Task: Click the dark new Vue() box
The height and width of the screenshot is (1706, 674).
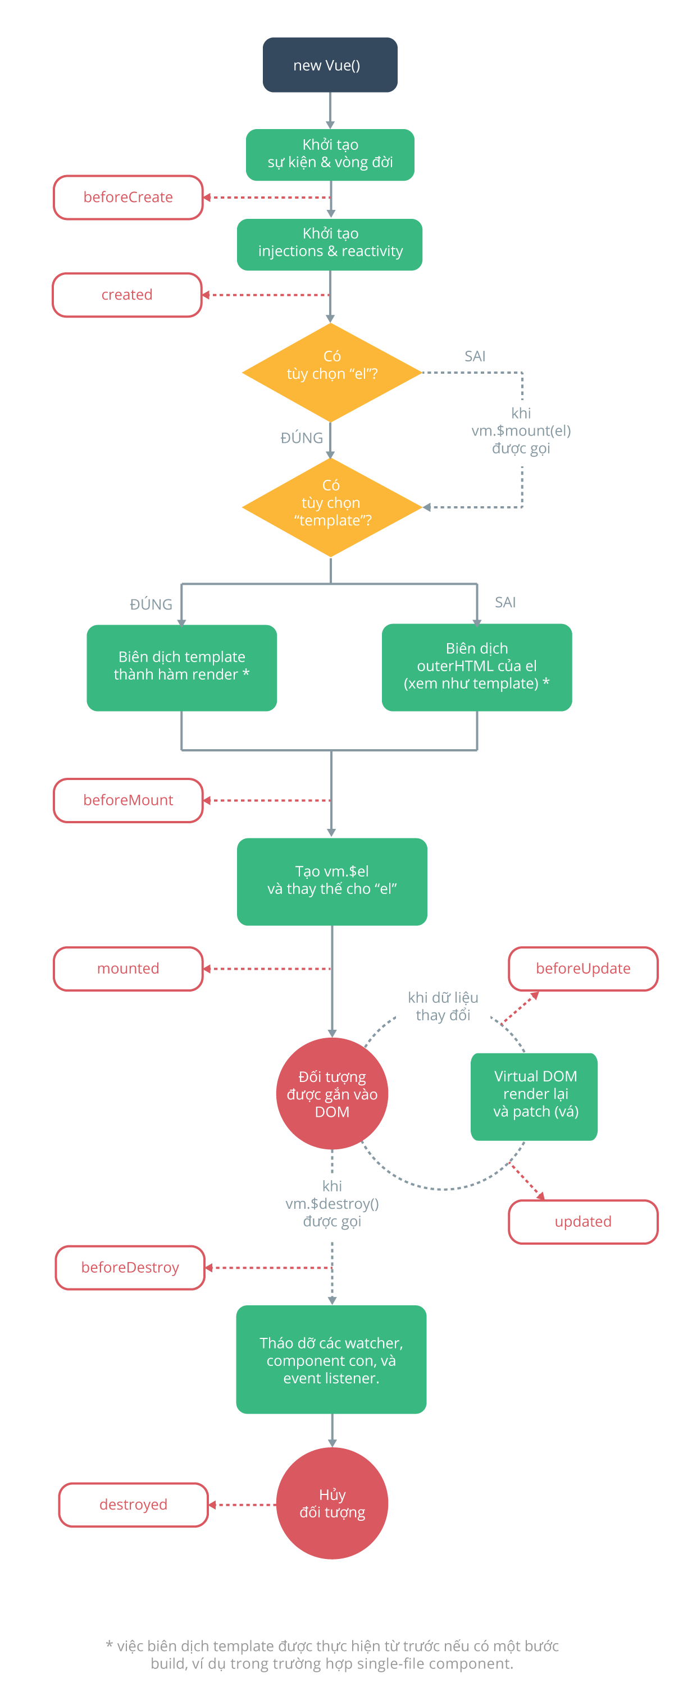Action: (329, 65)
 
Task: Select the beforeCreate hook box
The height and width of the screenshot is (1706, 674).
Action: (128, 196)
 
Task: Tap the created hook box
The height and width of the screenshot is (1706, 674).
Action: (126, 294)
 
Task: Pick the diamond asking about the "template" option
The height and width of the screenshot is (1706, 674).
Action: (331, 507)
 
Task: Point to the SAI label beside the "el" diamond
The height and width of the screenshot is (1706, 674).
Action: (475, 356)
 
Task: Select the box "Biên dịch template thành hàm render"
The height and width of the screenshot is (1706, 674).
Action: (181, 666)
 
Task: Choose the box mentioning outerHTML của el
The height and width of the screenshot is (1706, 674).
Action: (476, 666)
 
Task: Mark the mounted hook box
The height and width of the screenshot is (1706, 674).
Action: (128, 967)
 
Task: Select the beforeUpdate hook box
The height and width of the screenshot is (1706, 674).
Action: (582, 967)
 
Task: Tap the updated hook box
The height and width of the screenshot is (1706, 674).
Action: (582, 1221)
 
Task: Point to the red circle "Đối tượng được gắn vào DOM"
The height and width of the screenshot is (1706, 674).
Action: (331, 1093)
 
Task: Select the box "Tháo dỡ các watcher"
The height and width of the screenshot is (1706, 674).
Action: (331, 1359)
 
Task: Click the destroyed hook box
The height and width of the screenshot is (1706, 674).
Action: (133, 1503)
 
